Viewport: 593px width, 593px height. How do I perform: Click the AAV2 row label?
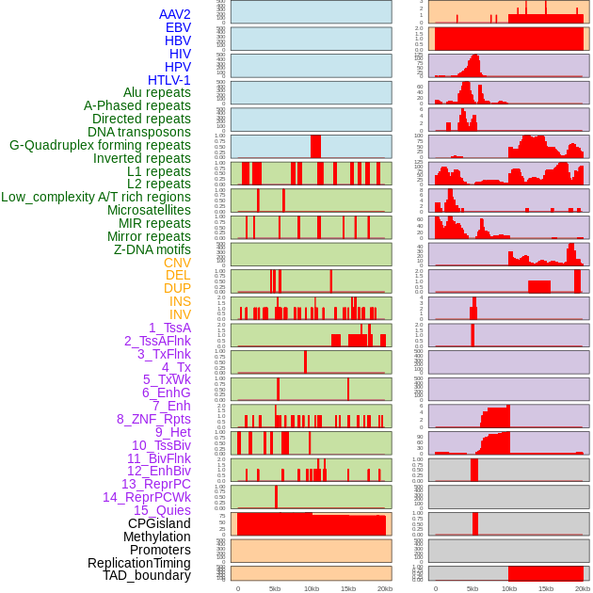tap(174, 14)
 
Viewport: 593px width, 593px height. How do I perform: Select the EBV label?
tap(178, 27)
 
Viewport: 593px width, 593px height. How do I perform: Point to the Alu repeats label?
tap(156, 93)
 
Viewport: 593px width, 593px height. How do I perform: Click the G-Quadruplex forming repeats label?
tap(100, 145)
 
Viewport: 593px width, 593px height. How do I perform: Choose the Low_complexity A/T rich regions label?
tap(96, 197)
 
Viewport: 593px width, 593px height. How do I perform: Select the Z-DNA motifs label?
tap(152, 249)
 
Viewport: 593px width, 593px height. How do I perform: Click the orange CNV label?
tap(177, 263)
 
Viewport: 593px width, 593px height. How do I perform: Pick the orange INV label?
tap(180, 314)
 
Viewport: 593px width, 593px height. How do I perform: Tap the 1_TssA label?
tap(169, 328)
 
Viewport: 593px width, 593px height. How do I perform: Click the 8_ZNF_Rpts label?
tap(153, 419)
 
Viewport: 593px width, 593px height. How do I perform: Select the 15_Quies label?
tap(162, 510)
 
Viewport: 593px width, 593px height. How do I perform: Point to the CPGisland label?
tap(159, 523)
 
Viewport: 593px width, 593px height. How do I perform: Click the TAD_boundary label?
tap(146, 575)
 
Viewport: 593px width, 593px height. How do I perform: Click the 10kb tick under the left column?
tap(311, 588)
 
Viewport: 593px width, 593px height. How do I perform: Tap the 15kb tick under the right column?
tap(546, 588)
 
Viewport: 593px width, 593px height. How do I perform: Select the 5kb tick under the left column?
tap(274, 588)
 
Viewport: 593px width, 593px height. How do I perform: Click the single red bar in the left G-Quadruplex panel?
tap(315, 147)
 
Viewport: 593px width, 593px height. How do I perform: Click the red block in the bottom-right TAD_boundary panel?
tap(545, 573)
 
